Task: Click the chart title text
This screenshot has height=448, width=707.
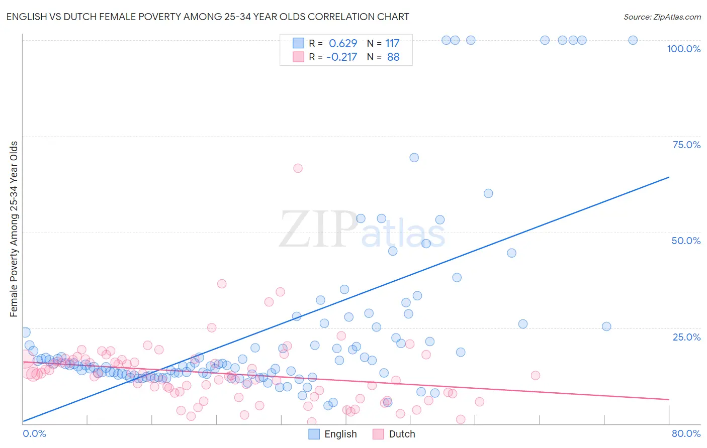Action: click(208, 17)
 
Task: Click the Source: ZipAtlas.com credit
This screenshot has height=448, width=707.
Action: click(662, 17)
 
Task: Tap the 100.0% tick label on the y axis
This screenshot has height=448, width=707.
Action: click(683, 49)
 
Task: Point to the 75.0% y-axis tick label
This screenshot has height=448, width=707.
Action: click(686, 145)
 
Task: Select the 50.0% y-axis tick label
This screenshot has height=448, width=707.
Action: click(685, 241)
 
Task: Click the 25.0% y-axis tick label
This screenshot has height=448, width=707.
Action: click(686, 337)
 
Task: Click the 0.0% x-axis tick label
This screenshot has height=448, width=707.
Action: click(34, 433)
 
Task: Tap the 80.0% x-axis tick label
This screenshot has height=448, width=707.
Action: click(685, 433)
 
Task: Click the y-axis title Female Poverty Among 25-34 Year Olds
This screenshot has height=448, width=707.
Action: click(14, 229)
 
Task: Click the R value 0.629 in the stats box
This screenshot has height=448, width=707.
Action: click(342, 44)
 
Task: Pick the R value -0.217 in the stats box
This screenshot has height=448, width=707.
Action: click(341, 57)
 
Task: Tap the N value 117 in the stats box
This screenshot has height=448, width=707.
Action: click(392, 44)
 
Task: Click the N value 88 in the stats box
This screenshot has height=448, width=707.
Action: click(393, 57)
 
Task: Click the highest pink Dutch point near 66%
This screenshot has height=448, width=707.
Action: click(298, 168)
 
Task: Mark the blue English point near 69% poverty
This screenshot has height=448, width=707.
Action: click(414, 158)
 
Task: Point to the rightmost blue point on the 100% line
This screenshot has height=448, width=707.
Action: click(633, 40)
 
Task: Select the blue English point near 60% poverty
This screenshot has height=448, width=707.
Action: click(488, 193)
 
